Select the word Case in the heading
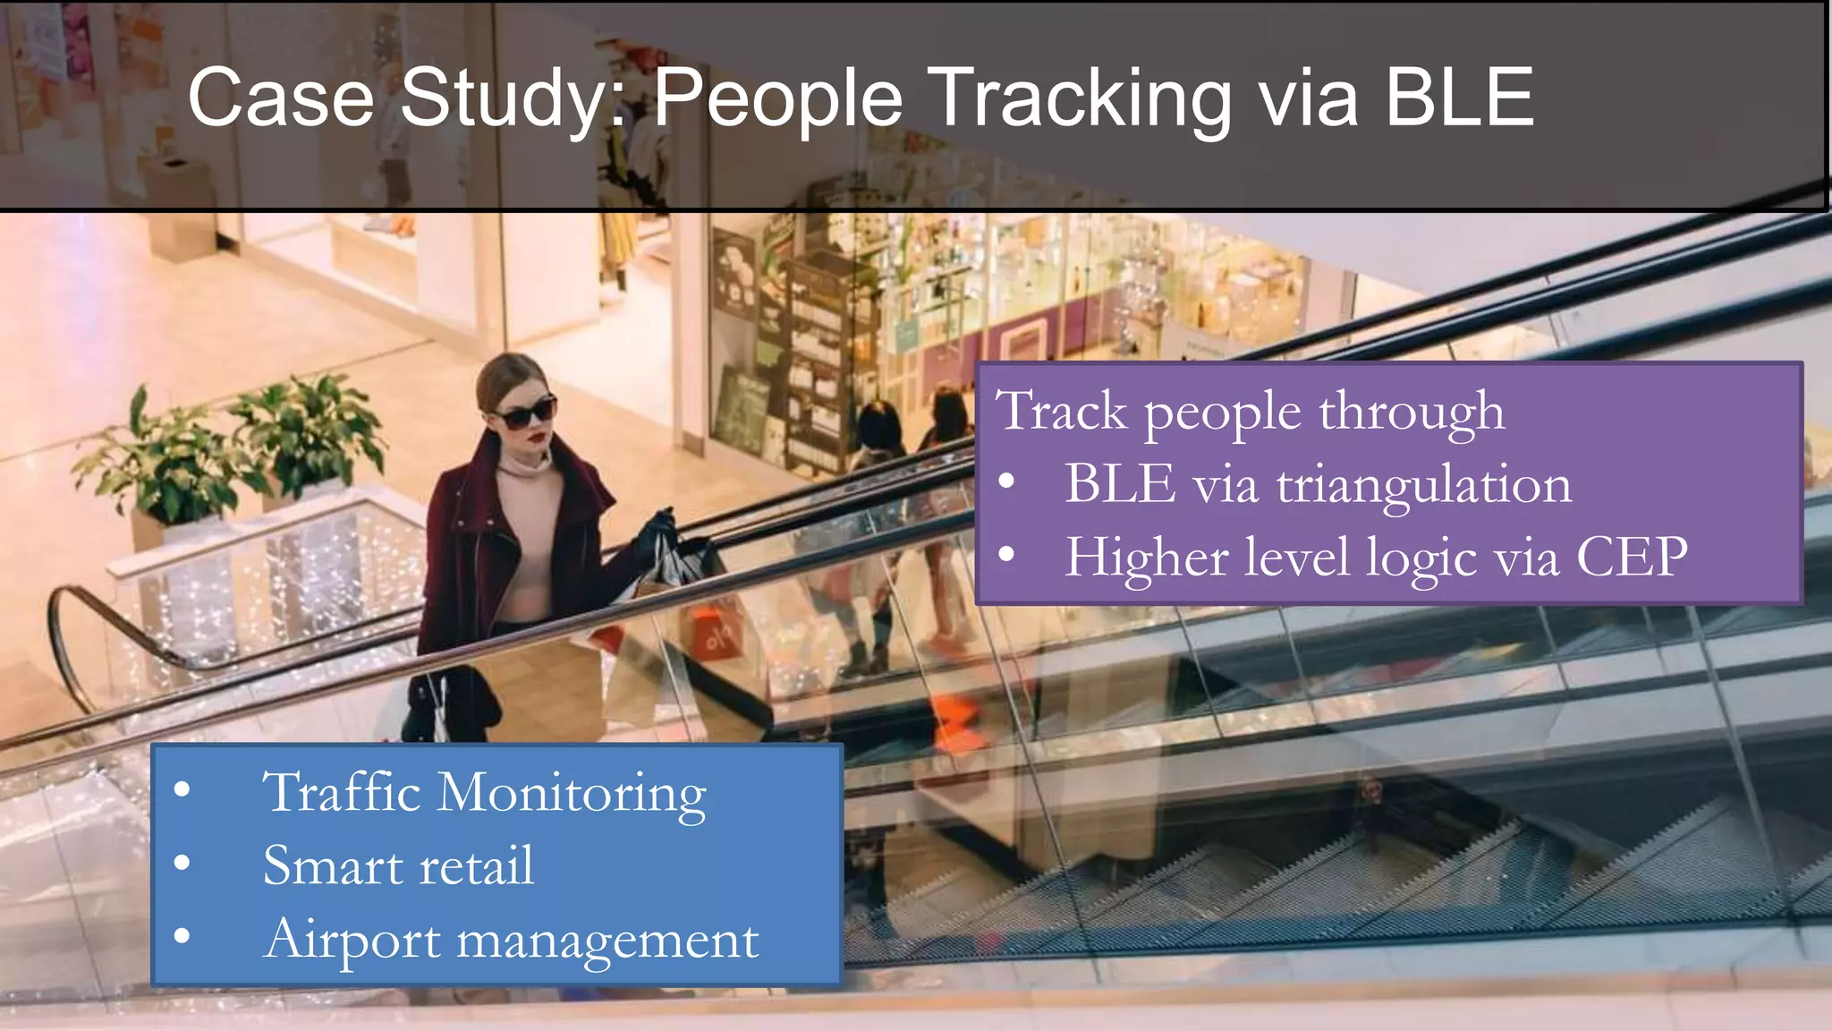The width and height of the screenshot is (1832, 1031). (280, 98)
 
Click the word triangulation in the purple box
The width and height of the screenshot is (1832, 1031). (1423, 485)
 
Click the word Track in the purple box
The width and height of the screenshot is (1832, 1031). (1061, 412)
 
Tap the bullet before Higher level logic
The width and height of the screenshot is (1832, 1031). (1006, 556)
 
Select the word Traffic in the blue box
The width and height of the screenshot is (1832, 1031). (341, 793)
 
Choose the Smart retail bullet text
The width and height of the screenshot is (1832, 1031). (398, 866)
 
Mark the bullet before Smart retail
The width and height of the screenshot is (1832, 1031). (182, 864)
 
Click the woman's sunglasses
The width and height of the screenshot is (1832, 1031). (525, 413)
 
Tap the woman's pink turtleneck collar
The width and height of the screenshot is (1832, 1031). (523, 465)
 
